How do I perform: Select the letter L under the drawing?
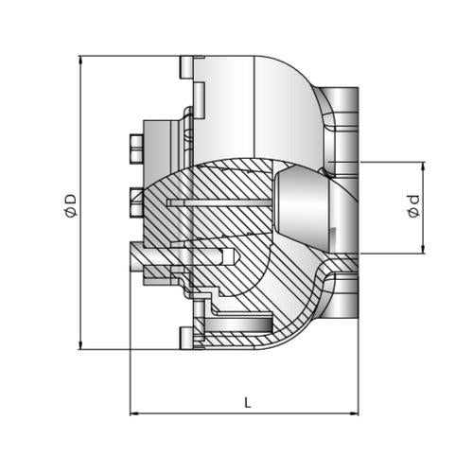pyautogui.click(x=247, y=402)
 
